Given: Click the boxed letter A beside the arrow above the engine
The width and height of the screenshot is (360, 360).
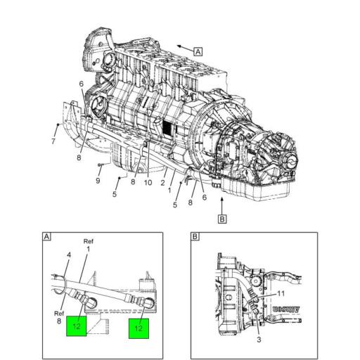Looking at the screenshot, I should click(x=198, y=51).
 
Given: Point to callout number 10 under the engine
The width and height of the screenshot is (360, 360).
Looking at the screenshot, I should click(x=148, y=183).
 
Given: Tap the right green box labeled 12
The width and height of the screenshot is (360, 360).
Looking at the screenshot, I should click(x=139, y=328).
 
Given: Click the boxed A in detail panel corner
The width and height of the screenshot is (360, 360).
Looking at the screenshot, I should click(x=46, y=237).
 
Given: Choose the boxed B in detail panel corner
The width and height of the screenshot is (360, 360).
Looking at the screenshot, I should click(x=195, y=237).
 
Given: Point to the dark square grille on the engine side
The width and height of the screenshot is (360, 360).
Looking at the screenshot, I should click(x=167, y=129).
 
